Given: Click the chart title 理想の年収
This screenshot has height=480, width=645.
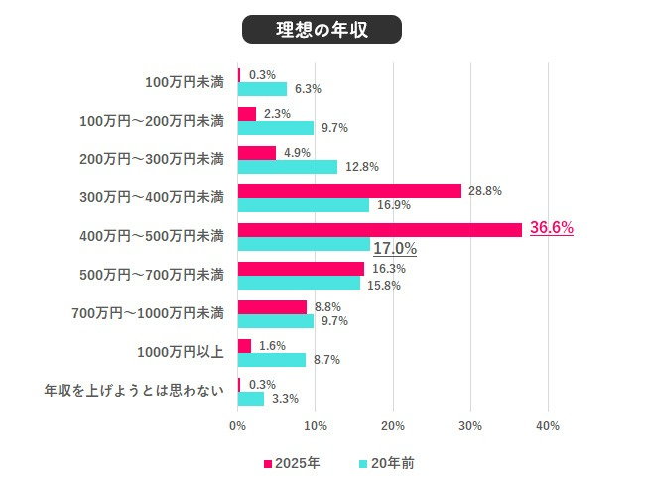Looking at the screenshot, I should click(x=322, y=30).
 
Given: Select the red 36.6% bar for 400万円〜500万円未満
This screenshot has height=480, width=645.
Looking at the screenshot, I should click(x=380, y=229).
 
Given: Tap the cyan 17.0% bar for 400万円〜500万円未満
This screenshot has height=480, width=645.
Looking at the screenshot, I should click(x=304, y=244).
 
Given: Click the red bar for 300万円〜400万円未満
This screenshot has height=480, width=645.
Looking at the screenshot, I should click(x=350, y=191).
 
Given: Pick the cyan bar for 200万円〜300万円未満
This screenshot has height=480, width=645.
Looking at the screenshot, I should click(x=288, y=167).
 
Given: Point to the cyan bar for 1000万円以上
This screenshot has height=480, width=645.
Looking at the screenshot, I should click(x=272, y=360).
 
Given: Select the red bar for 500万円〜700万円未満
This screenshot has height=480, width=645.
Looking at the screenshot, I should click(x=302, y=269).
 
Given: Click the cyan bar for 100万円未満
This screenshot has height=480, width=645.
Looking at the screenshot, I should click(x=263, y=89).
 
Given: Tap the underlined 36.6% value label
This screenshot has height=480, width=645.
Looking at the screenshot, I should click(x=552, y=228).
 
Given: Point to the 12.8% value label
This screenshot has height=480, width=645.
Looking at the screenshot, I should click(x=362, y=167).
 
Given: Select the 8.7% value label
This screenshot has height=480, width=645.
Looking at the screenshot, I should click(x=326, y=360).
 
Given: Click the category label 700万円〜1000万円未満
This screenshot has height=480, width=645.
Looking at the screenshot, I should click(x=149, y=314).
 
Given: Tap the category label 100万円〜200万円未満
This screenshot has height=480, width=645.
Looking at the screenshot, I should click(x=152, y=121).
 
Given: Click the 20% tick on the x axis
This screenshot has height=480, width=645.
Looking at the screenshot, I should click(x=393, y=426).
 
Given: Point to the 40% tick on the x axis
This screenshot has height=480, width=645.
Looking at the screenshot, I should click(x=548, y=426).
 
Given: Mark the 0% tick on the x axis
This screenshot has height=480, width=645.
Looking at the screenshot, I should click(x=238, y=426).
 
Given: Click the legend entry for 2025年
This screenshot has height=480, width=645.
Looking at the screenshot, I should click(x=292, y=463).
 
